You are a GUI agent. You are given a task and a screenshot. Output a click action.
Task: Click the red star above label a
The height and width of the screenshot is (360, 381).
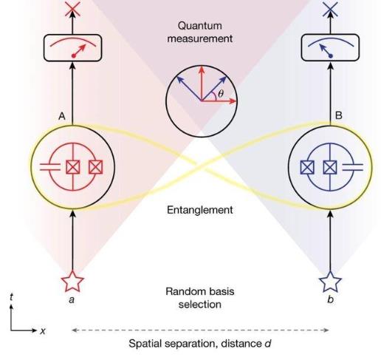pos(72,282)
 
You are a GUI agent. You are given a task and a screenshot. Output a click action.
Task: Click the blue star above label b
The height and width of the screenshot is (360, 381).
pos(330,282)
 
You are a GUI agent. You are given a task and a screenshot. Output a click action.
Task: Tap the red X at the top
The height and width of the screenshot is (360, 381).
pos(72,9)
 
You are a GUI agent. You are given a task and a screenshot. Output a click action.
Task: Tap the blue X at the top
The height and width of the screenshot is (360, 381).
pos(330,9)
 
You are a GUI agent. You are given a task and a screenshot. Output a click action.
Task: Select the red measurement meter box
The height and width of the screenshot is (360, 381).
pos(72,48)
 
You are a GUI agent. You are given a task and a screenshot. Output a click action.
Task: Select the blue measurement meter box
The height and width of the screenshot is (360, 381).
pos(330,47)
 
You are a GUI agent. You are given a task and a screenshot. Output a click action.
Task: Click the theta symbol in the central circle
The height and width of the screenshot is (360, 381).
pos(221,93)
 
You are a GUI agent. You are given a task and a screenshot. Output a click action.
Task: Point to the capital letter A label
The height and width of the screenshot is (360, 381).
pos(62,116)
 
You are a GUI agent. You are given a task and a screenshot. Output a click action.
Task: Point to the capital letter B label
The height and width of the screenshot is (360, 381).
pos(339,115)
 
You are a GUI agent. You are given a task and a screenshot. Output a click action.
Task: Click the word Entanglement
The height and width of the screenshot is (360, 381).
pos(199,210)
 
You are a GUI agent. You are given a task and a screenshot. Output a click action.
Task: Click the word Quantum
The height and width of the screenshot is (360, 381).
pos(199,26)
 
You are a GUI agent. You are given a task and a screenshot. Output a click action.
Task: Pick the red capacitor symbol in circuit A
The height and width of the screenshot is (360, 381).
pos(50,167)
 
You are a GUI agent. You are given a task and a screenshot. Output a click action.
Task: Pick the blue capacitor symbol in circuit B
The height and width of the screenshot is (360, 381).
pos(353,167)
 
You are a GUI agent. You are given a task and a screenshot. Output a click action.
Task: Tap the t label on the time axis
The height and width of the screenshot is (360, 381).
pos(11,297)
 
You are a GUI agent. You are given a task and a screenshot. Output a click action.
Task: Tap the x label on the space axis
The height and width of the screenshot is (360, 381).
pos(43,330)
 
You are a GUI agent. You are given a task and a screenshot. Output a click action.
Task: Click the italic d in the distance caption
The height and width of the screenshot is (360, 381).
pos(267,343)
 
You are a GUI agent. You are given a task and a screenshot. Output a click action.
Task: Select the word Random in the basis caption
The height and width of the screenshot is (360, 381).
pos(183,291)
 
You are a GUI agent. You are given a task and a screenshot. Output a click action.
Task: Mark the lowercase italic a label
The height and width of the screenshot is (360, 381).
pos(72,299)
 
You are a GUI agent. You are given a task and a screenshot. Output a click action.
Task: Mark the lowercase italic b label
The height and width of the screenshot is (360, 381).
pos(330,299)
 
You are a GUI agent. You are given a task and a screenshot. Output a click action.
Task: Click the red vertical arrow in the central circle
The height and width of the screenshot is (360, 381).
pos(202,84)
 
